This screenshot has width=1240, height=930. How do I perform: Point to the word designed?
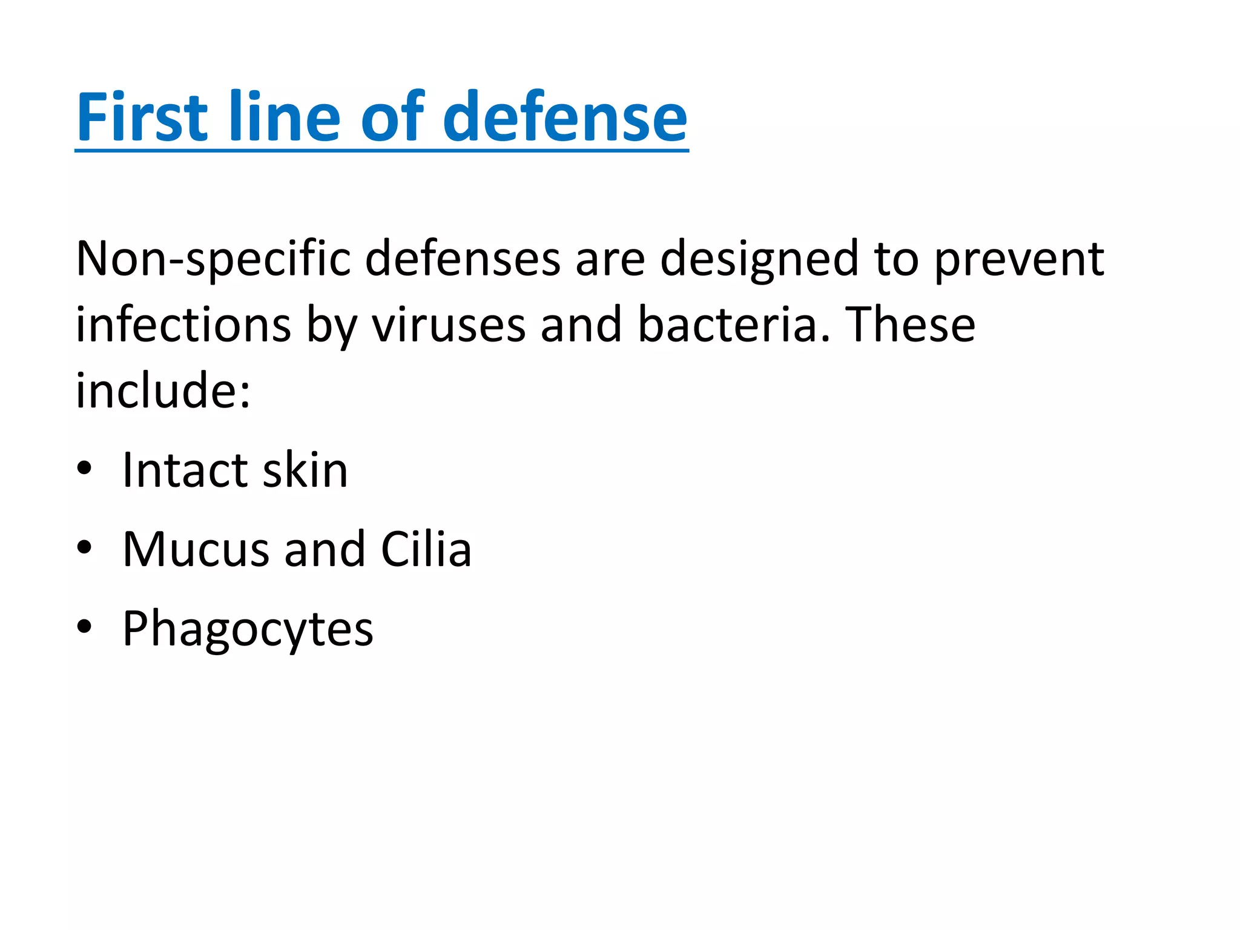[759, 259]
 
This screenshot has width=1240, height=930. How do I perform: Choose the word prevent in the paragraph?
[1020, 259]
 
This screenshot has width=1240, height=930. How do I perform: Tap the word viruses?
[449, 325]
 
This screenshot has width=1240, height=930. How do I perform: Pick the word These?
[910, 325]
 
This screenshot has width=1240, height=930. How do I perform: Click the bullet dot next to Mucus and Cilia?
[84, 547]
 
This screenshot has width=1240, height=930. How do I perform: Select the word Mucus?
[196, 549]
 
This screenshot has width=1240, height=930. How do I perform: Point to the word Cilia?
[426, 549]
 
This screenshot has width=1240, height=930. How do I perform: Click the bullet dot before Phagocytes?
[84, 627]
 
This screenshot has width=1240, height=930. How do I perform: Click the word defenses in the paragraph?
[463, 259]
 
